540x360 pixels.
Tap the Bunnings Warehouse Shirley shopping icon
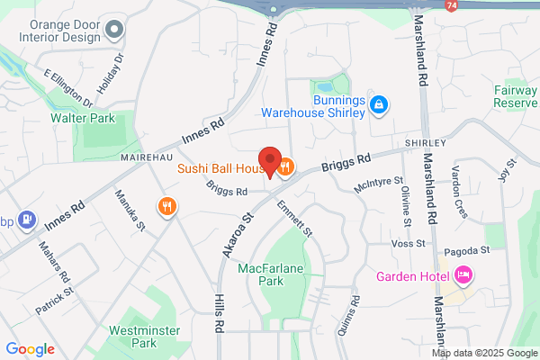pos(380,105)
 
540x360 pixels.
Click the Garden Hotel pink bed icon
pos(464,274)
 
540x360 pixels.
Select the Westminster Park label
pos(137,336)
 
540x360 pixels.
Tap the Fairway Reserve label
pos(516,96)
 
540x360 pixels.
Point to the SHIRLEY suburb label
pos(425,143)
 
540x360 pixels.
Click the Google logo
pos(30,349)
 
